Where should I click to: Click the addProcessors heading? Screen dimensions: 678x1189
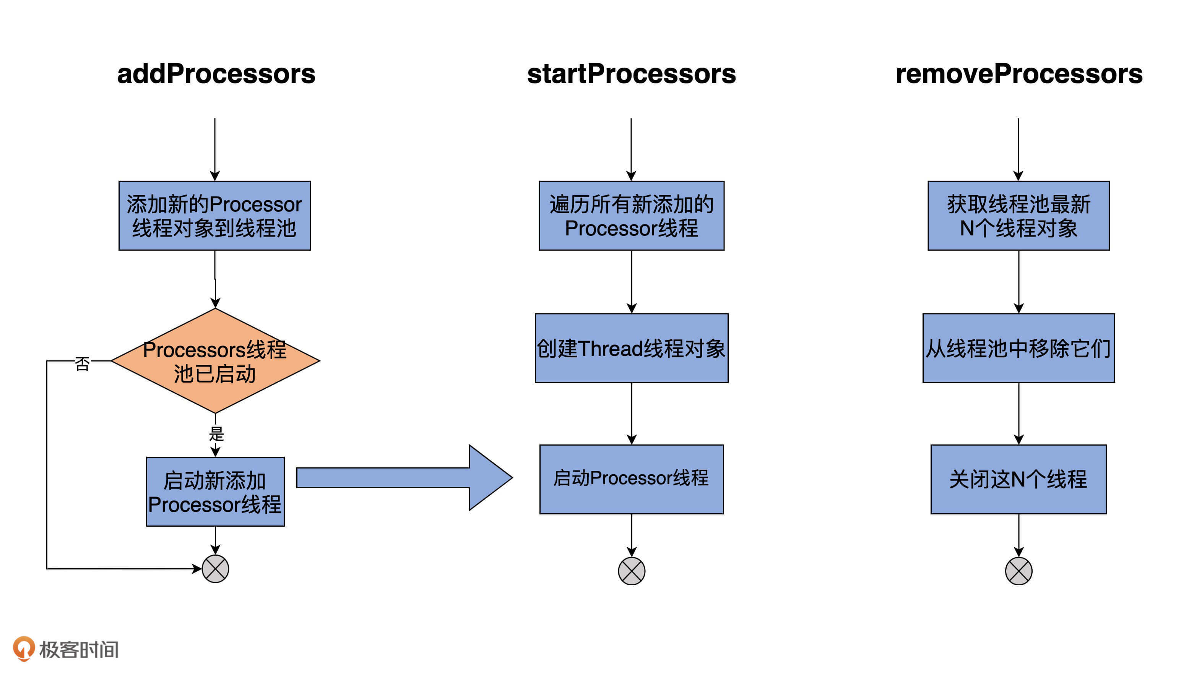click(216, 74)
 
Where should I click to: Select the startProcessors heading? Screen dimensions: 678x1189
click(631, 74)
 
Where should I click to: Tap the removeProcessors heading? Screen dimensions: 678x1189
click(1018, 74)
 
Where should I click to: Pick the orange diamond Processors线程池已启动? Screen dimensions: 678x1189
click(215, 361)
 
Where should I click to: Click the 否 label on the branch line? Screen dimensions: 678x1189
click(82, 363)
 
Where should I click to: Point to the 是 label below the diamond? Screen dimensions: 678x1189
click(216, 434)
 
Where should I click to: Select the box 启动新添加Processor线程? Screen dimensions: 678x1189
click(215, 492)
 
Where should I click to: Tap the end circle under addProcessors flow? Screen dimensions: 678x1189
click(215, 569)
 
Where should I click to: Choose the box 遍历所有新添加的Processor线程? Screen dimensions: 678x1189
click(631, 216)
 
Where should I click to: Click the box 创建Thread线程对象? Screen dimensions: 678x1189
click(631, 348)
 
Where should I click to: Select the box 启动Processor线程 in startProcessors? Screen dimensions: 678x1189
click(631, 479)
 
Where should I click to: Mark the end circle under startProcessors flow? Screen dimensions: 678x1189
click(631, 571)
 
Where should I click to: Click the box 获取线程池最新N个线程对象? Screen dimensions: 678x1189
click(1018, 216)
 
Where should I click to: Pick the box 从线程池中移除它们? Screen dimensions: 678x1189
click(1018, 348)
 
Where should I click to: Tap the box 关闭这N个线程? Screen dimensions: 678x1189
click(1018, 479)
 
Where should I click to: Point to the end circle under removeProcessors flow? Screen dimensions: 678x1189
click(1018, 571)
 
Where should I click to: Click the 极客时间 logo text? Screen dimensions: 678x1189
click(79, 650)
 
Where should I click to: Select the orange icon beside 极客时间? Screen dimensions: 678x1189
click(23, 648)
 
